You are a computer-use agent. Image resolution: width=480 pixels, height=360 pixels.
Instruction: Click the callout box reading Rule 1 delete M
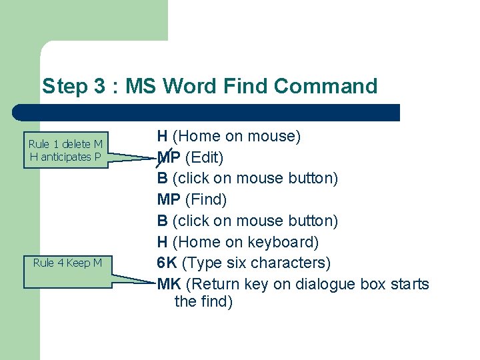[x=65, y=151]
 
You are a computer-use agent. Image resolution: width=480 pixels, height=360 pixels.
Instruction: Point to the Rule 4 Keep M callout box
[x=67, y=263]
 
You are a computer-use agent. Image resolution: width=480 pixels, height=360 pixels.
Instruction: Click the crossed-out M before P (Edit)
[x=163, y=157]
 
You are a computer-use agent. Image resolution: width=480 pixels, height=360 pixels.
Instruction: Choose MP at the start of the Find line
[x=169, y=199]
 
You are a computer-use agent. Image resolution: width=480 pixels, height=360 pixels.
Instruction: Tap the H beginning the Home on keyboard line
[x=162, y=241]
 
